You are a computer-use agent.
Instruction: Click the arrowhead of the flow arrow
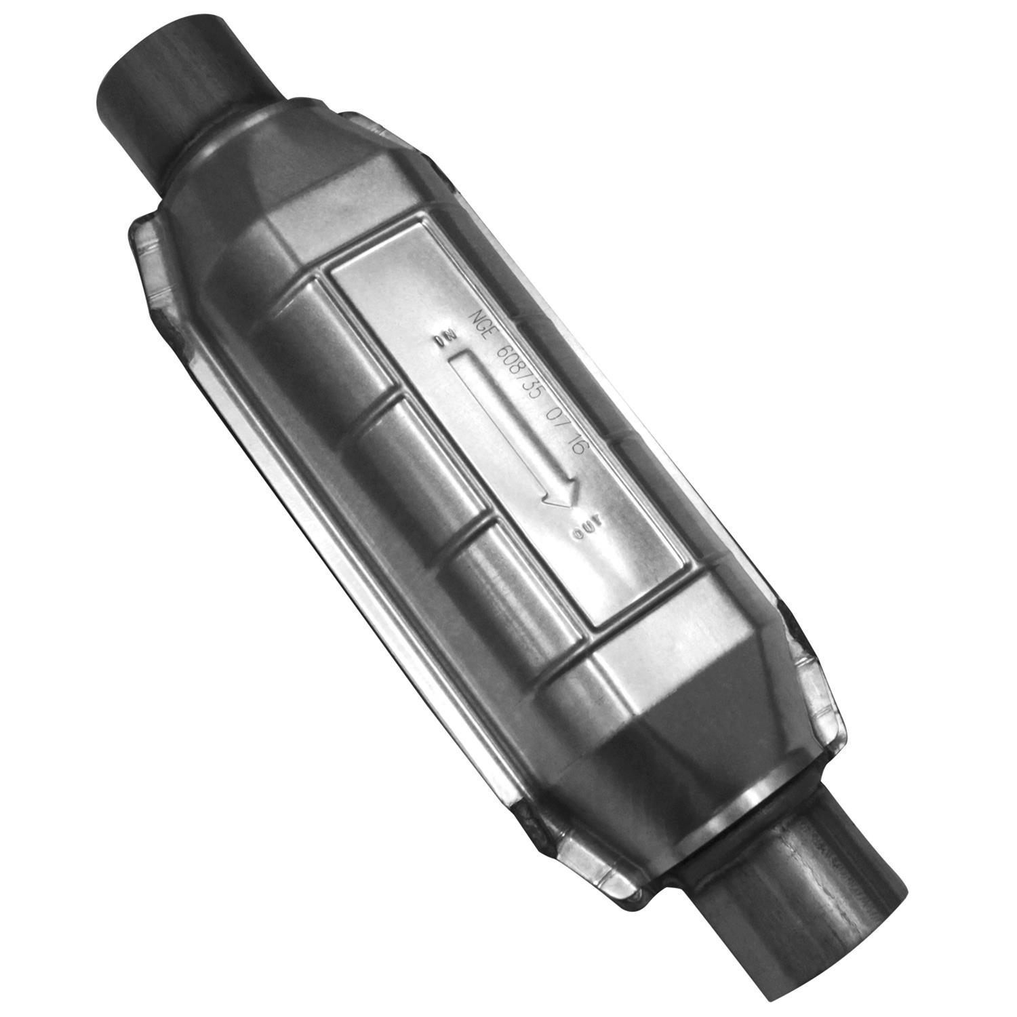pyautogui.click(x=560, y=494)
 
